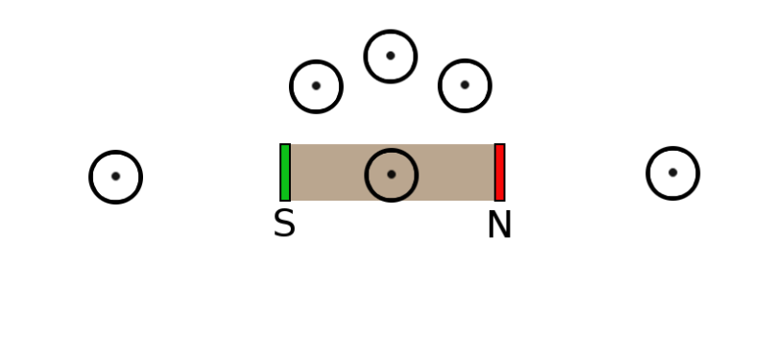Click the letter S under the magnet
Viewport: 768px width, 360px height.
click(284, 225)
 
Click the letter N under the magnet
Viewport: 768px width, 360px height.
click(499, 226)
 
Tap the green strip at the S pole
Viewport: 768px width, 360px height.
click(285, 173)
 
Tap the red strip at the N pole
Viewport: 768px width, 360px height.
click(499, 173)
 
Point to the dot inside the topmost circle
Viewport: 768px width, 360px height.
click(391, 56)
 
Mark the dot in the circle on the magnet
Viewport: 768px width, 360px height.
click(392, 175)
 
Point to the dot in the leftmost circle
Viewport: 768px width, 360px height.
click(115, 176)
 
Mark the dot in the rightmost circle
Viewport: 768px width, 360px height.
click(673, 173)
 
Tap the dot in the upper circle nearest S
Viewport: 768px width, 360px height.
click(316, 86)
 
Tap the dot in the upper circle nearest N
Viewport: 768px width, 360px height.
click(465, 84)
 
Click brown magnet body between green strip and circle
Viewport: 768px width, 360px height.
click(326, 173)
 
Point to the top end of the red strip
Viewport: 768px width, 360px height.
click(499, 147)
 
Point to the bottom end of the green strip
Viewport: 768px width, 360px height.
click(285, 199)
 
